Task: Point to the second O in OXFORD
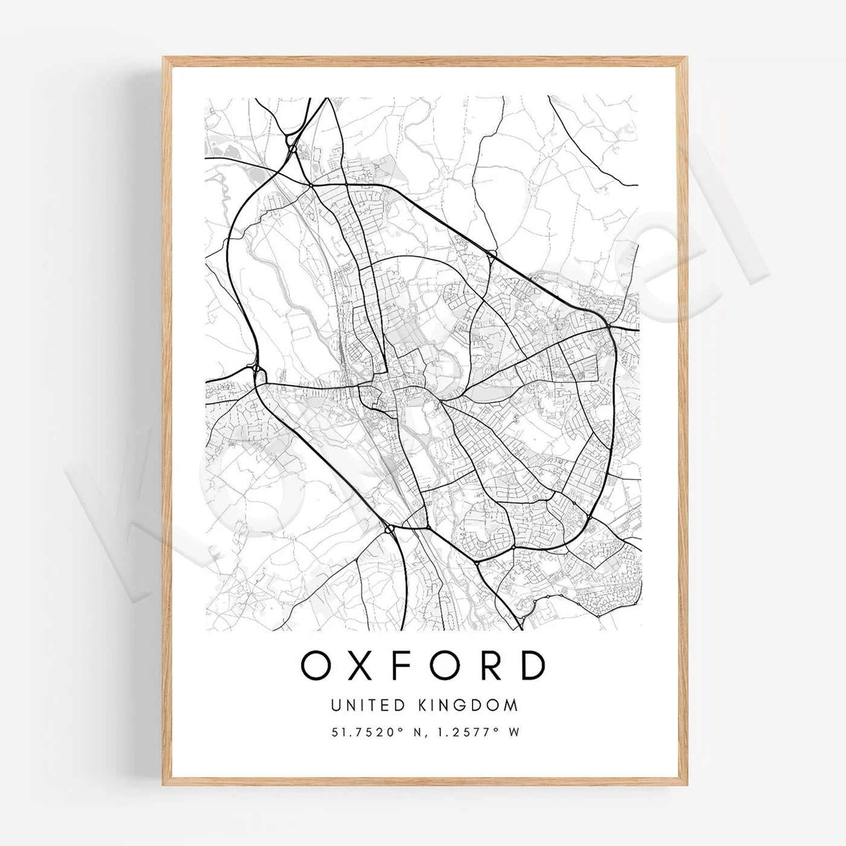tap(443, 665)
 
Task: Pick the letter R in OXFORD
tap(488, 665)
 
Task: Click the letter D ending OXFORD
tap(532, 665)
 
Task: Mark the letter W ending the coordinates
tap(514, 732)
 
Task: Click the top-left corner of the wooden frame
tap(164, 58)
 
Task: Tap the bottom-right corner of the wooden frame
tap(686, 785)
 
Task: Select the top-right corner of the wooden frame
tap(686, 58)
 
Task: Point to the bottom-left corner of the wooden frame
tap(164, 785)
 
